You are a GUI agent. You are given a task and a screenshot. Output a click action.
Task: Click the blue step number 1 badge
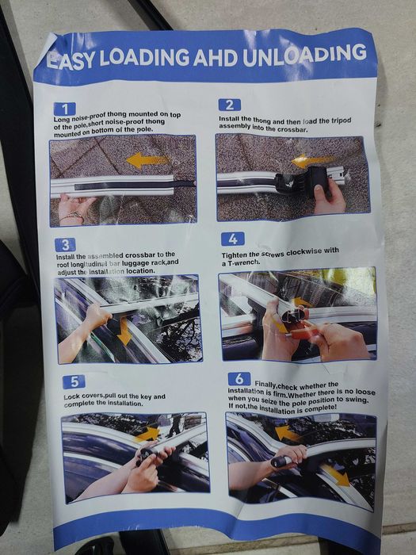[x=65, y=109]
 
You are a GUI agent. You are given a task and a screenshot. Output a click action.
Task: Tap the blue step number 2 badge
[x=230, y=105]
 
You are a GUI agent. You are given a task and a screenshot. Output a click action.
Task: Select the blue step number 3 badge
[x=66, y=244]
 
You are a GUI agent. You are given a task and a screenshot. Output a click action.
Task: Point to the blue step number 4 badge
[x=233, y=239]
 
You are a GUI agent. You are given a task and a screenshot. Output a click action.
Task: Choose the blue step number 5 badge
[x=74, y=382]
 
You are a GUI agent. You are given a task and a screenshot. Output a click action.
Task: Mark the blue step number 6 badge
[x=239, y=379]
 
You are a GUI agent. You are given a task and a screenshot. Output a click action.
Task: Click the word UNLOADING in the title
[x=304, y=55]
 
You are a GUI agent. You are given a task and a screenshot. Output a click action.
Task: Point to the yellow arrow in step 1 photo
[x=147, y=161]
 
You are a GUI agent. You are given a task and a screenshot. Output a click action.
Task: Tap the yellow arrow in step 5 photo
[x=148, y=434]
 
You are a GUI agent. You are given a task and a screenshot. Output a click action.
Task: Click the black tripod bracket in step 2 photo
[x=303, y=182]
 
